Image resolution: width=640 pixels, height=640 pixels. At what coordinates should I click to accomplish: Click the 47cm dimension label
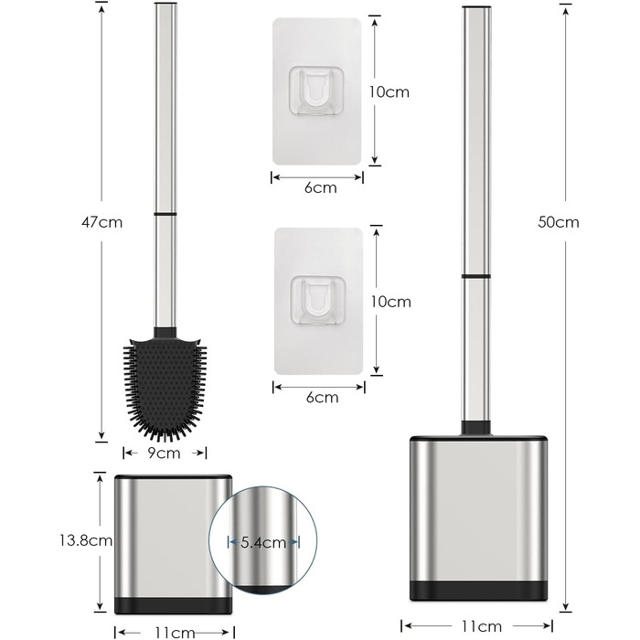coord(102,222)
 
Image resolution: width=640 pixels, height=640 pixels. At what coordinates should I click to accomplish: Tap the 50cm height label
coord(559,222)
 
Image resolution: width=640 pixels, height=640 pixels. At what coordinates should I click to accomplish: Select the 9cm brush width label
coord(164,453)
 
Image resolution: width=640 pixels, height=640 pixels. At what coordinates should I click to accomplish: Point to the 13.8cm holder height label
coord(86,541)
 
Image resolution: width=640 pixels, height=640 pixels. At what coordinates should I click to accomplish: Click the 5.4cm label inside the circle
coord(263,542)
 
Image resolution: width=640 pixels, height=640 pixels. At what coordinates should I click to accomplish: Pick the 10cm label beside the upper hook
coord(389,91)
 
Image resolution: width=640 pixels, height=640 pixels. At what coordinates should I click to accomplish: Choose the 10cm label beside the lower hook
coord(391,302)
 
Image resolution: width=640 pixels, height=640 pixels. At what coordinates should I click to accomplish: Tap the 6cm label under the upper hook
coord(321,187)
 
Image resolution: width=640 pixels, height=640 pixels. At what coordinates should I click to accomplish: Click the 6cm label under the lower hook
coord(323,397)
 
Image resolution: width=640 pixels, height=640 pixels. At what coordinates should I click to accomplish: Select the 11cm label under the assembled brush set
coord(482,625)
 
